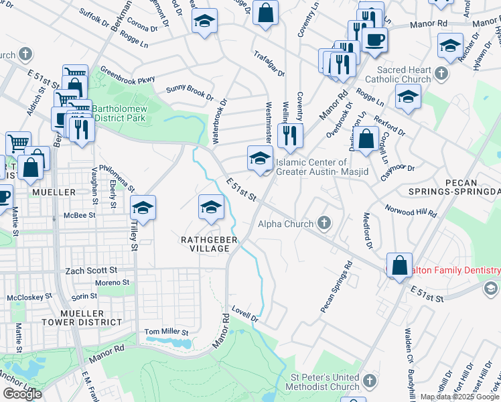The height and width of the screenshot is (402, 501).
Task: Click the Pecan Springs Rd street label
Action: [336, 287]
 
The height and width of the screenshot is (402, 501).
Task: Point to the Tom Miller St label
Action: [167, 332]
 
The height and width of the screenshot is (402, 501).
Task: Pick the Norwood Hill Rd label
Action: [411, 211]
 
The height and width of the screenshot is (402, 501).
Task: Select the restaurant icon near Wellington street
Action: [290, 135]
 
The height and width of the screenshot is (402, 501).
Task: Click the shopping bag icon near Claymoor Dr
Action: [366, 139]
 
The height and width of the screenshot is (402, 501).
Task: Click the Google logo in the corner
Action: [22, 394]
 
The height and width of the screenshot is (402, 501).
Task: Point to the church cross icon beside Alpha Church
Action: [324, 222]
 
